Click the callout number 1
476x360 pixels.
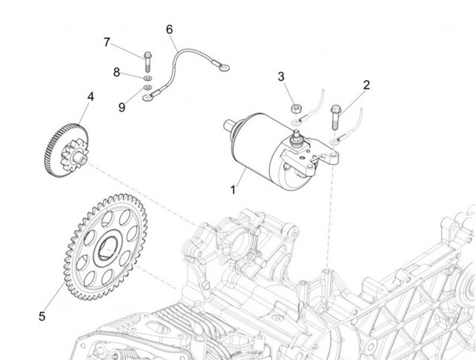click(x=233, y=189)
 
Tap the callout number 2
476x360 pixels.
click(x=366, y=85)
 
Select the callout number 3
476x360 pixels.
click(x=281, y=77)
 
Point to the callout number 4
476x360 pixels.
click(x=91, y=97)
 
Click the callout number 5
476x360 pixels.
click(x=42, y=316)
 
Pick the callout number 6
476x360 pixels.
click(x=169, y=29)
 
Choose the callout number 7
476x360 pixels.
click(x=106, y=42)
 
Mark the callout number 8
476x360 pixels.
click(x=117, y=73)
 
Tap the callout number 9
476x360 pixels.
click(x=122, y=105)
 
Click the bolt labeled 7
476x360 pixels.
click(x=146, y=60)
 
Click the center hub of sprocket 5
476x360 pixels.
click(x=106, y=250)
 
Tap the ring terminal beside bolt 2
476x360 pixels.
click(x=338, y=140)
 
